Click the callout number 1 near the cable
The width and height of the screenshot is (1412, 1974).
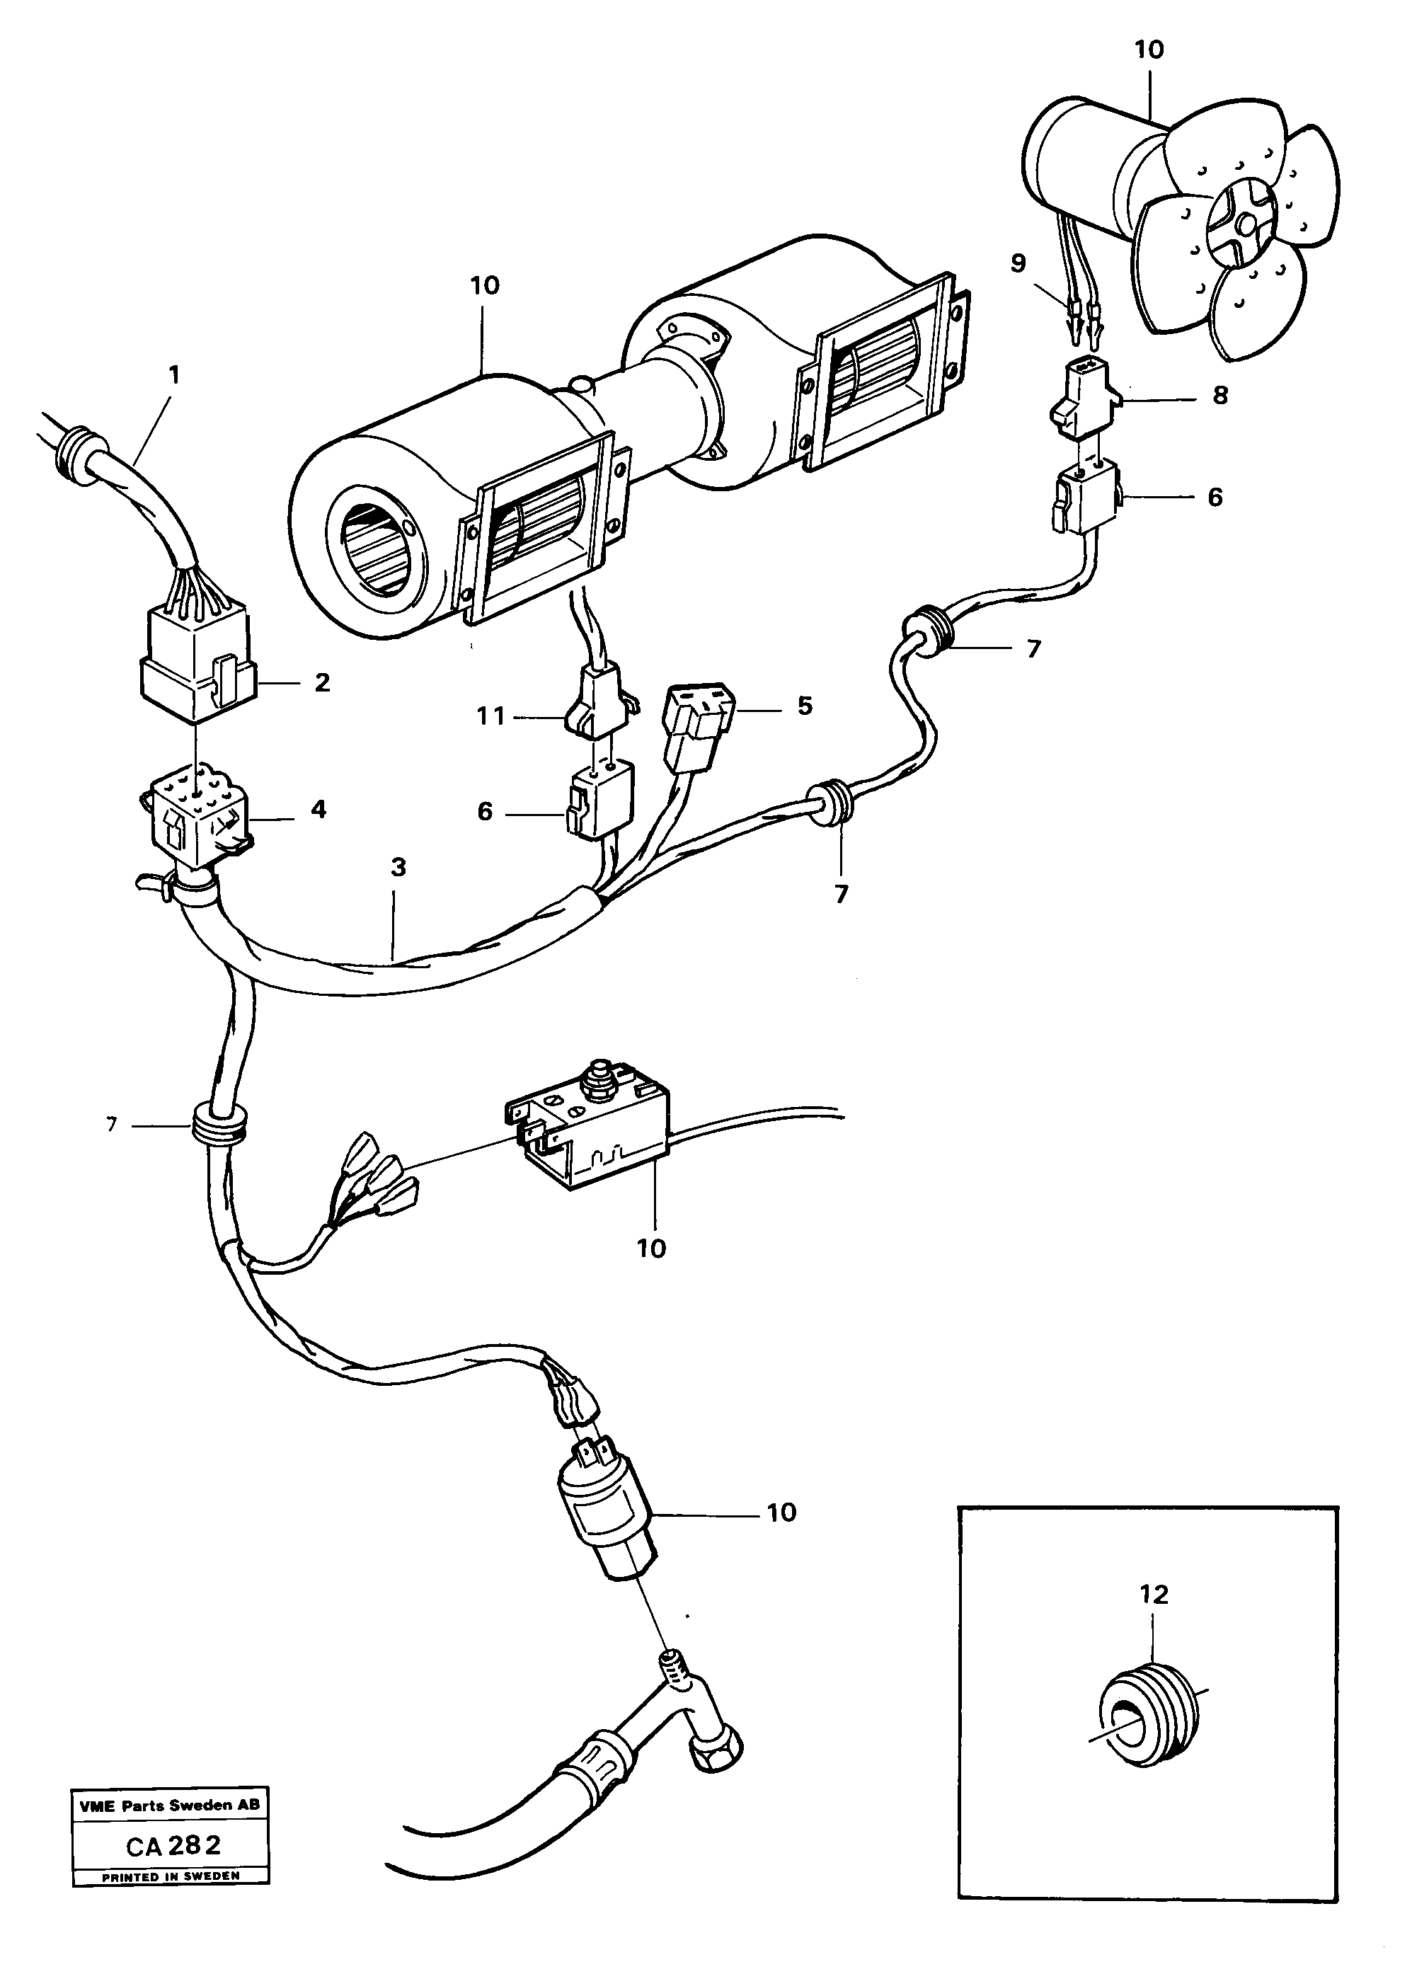coord(174,376)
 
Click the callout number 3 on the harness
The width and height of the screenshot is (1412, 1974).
coord(398,866)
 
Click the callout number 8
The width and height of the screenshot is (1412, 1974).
coord(1220,396)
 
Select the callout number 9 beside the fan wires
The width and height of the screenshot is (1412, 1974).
coord(1018,263)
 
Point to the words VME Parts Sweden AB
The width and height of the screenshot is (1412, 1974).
coord(170,1806)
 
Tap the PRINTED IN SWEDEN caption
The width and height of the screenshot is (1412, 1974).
coord(171,1876)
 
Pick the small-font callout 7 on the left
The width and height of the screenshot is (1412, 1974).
coord(111,1125)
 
